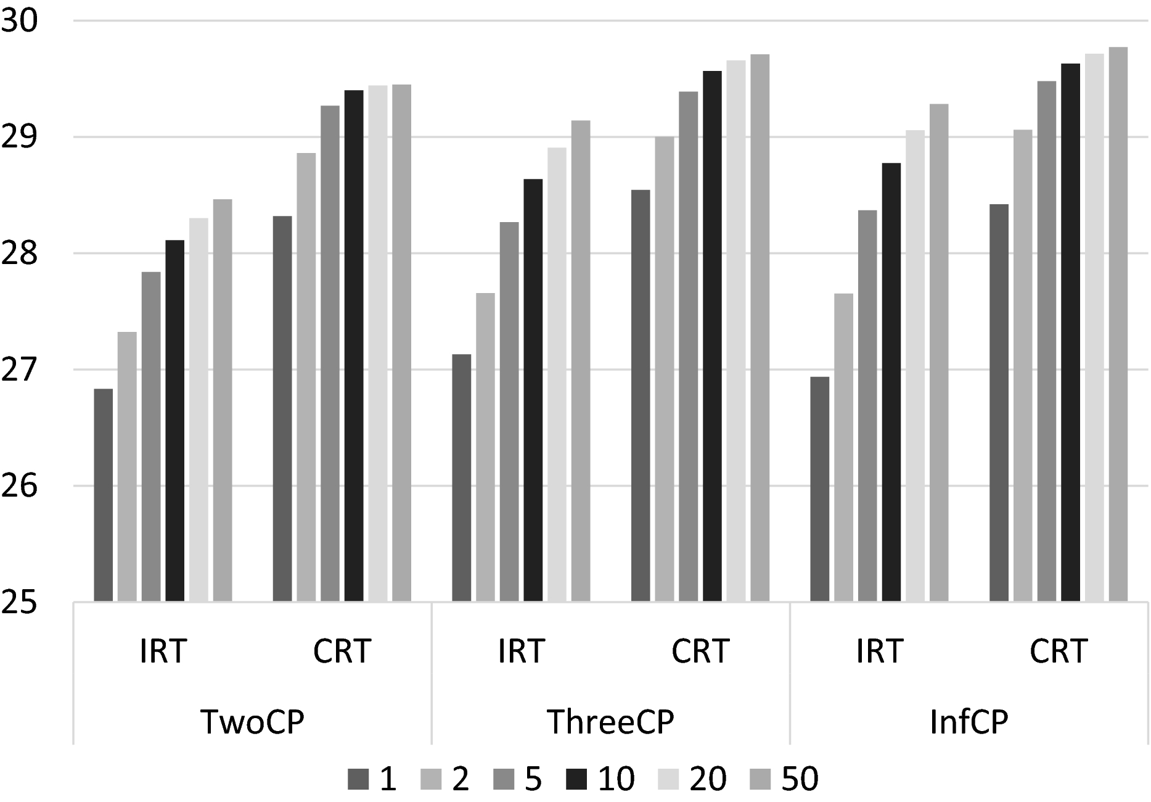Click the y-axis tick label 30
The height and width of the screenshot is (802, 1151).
pos(19,21)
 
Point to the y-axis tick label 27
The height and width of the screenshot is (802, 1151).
pos(19,370)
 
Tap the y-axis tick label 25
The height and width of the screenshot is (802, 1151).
pos(19,602)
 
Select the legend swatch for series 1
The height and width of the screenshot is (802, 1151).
pos(358,779)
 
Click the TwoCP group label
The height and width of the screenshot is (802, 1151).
pos(253,721)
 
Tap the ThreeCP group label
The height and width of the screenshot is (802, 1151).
pos(610,721)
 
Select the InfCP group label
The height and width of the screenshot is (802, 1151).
pos(969,721)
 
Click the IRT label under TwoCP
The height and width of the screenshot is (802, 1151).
pos(163,651)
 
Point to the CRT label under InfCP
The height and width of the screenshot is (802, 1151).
pos(1059,651)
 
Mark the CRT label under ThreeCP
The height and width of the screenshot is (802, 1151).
pos(700,651)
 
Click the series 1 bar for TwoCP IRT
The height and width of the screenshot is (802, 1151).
pos(104,495)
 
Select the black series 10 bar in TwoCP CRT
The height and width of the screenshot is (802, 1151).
pos(354,345)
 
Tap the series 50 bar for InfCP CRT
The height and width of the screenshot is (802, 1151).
pos(1118,325)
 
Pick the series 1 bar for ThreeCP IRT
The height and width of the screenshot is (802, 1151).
pos(462,477)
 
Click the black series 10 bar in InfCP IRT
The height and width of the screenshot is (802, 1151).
pos(891,382)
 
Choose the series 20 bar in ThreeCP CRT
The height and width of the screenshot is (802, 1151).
pos(736,331)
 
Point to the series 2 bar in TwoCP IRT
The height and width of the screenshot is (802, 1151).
pos(128,466)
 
